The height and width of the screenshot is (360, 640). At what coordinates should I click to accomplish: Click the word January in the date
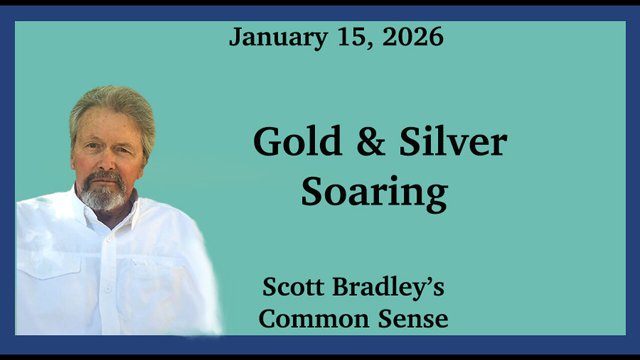coord(278,37)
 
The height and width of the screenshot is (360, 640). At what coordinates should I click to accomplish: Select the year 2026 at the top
coord(413,37)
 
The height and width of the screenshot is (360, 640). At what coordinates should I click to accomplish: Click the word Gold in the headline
coord(297,142)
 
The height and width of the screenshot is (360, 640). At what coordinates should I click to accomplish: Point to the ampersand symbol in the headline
coord(370,142)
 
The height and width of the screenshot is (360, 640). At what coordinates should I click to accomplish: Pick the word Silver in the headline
coord(453,142)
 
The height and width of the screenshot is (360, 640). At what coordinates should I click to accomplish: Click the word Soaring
coord(374,193)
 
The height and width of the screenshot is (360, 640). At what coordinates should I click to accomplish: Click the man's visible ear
coord(145,152)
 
